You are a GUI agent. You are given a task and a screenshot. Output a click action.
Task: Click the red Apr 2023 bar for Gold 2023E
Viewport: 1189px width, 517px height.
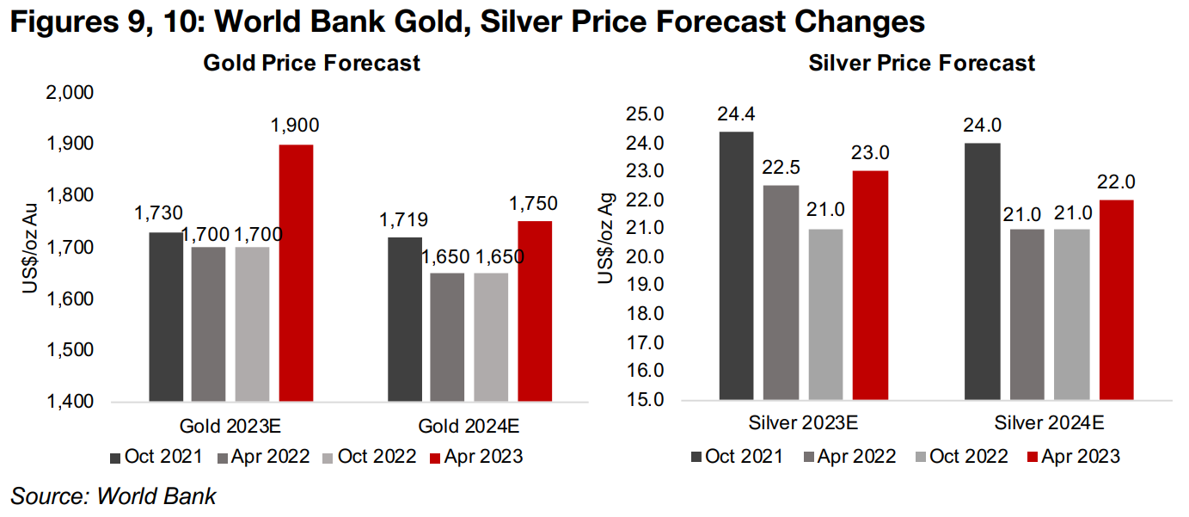tap(295, 273)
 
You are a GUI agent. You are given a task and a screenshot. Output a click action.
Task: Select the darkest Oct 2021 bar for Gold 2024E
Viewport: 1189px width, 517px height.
tap(405, 319)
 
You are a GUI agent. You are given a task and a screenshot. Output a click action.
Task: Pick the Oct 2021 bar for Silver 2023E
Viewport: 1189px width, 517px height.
tap(736, 266)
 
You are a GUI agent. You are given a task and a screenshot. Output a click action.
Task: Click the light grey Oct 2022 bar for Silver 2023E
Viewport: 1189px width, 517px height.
tap(824, 314)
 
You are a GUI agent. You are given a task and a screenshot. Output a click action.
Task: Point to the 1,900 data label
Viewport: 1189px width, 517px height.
tap(295, 125)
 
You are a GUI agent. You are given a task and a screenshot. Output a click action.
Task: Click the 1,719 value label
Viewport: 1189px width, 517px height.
tap(404, 219)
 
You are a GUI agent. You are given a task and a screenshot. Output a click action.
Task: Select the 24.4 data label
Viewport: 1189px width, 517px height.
tap(736, 113)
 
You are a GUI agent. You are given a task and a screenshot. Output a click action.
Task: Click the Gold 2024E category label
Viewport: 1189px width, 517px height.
tap(469, 427)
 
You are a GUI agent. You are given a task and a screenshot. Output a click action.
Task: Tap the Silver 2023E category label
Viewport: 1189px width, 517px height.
tap(803, 424)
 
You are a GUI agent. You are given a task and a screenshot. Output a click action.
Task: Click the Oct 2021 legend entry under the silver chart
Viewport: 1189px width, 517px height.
tap(736, 456)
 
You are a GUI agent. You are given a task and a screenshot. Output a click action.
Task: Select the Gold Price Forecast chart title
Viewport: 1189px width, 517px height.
tap(311, 63)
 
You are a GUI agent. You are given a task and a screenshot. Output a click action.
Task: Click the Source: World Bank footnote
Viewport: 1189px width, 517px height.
tap(113, 495)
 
